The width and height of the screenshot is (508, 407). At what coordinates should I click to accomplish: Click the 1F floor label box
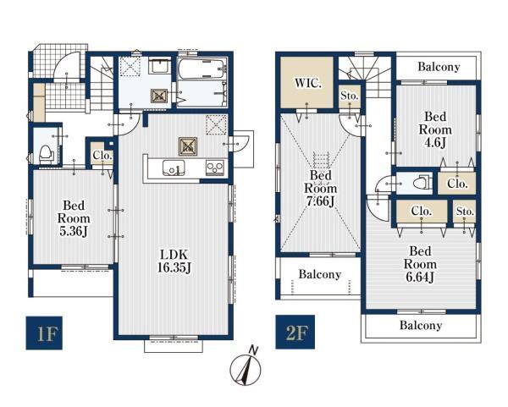pos(44,333)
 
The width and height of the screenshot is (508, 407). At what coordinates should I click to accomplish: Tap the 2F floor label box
pos(295,332)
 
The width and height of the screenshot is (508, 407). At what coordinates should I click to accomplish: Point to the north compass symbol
pos(246,367)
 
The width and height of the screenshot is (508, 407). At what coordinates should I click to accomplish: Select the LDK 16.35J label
pos(174,261)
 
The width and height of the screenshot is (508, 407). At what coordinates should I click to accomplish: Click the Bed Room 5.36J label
pos(74,218)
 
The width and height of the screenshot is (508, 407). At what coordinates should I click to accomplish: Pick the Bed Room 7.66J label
pos(320,188)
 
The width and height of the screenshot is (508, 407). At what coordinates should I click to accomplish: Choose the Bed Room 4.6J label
pos(435,129)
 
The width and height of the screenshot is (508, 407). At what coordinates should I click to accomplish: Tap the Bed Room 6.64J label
pos(420,264)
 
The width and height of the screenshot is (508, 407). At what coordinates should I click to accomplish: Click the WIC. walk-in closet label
pos(308,83)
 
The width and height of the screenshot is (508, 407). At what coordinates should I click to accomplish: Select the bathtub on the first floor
pos(202,69)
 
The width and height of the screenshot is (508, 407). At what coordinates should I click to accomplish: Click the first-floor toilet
pos(46,153)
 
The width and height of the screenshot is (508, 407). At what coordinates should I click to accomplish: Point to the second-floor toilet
pos(422,184)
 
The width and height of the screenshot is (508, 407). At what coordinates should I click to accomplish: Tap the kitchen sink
pos(174,168)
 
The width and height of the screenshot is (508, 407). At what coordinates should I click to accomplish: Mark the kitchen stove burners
pos(215,168)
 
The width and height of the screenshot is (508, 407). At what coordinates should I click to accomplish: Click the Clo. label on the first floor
pos(102,156)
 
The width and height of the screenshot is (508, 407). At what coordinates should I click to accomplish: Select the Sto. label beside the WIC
pos(349,96)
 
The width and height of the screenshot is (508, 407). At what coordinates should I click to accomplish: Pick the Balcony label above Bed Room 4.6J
pos(439,67)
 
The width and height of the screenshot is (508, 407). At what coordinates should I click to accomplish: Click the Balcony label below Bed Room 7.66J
pos(320,274)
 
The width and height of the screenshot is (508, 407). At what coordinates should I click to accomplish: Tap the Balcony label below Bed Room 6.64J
pos(421,325)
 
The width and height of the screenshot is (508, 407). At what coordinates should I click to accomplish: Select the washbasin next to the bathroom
pos(159,68)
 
